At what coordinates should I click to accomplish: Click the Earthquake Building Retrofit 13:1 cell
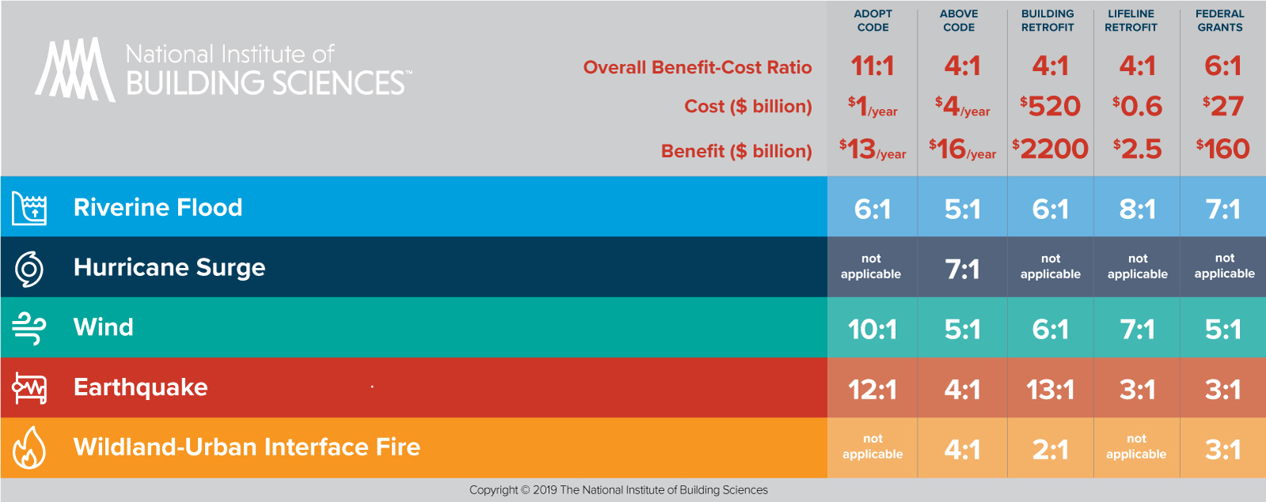click(1050, 389)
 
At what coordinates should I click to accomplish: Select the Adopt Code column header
click(873, 21)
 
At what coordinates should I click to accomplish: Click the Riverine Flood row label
click(157, 207)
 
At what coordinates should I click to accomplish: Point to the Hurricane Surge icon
click(29, 269)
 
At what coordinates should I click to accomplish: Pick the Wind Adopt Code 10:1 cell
click(872, 329)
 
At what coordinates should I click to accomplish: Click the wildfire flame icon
click(29, 448)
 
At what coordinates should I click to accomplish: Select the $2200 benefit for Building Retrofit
click(1050, 149)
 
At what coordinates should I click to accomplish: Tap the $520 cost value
click(1050, 106)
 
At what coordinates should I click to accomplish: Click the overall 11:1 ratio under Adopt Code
click(872, 66)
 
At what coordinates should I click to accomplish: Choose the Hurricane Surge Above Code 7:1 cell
click(962, 270)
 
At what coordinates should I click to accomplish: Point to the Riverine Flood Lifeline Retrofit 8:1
click(1137, 209)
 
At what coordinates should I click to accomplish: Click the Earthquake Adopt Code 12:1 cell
click(872, 389)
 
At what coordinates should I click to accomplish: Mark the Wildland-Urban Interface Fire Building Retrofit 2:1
click(1050, 450)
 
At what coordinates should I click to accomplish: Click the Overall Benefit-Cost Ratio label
click(697, 67)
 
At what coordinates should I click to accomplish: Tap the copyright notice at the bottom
click(618, 490)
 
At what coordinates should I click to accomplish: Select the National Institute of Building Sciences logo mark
click(74, 70)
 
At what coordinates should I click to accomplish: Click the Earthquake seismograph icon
click(29, 388)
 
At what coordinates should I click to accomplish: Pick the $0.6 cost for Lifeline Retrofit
click(1137, 106)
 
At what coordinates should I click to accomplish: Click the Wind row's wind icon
click(29, 328)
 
